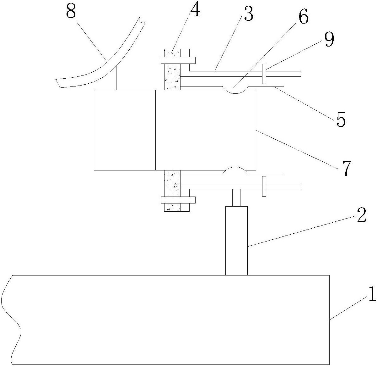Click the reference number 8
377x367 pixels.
71,12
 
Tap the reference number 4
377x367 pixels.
195,10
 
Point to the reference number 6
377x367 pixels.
303,17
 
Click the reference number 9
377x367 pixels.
329,40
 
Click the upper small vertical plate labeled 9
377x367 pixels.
264,74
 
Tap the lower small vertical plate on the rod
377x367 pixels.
264,186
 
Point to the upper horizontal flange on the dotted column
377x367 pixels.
178,60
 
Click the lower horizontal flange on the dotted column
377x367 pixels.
178,200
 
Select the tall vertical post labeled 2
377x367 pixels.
236,241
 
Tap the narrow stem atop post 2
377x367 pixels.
236,197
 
